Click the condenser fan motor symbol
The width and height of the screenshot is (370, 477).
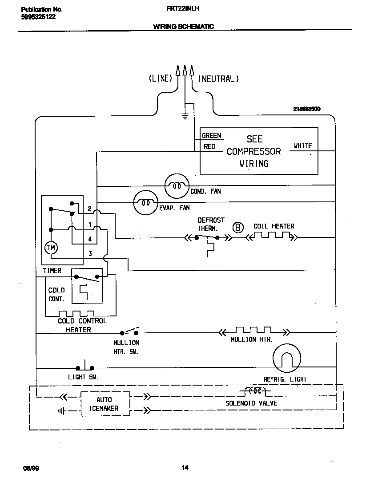point(177,185)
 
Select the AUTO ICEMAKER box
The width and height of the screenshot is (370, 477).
point(105,404)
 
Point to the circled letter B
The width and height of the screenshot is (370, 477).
point(238,228)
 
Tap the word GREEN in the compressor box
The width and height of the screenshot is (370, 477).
point(211,136)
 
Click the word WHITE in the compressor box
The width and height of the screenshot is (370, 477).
point(303,146)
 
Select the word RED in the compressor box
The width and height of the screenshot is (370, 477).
point(209,146)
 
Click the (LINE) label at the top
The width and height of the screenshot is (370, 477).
point(160,79)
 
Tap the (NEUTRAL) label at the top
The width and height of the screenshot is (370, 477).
point(218,79)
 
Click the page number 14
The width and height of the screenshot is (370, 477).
point(185,467)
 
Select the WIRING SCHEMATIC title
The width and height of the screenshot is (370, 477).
point(183,26)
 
